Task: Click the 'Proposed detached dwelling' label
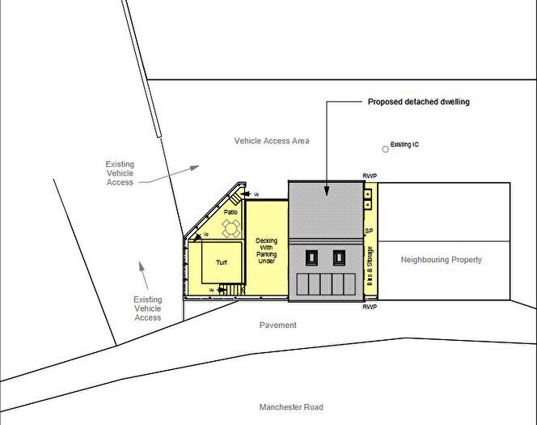pos(418,102)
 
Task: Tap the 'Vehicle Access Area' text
pos(272,141)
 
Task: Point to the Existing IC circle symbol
pos(386,149)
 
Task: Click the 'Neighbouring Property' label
pos(442,260)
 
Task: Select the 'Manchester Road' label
pos(290,407)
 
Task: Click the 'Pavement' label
pos(278,325)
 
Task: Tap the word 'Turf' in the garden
pos(222,263)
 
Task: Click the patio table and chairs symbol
pos(231,229)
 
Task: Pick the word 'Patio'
pos(231,212)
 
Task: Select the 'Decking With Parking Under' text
pos(267,252)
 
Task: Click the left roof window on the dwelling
pos(311,258)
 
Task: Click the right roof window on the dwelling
pos(339,258)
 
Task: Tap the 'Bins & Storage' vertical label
pos(370,272)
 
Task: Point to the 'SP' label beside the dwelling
pos(369,231)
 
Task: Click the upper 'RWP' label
pos(370,176)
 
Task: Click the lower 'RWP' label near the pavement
pos(370,308)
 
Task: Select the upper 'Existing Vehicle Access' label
pos(120,173)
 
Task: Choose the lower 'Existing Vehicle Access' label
pos(147,308)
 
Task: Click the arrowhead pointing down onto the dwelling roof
pos(327,191)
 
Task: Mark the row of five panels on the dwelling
pos(325,284)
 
